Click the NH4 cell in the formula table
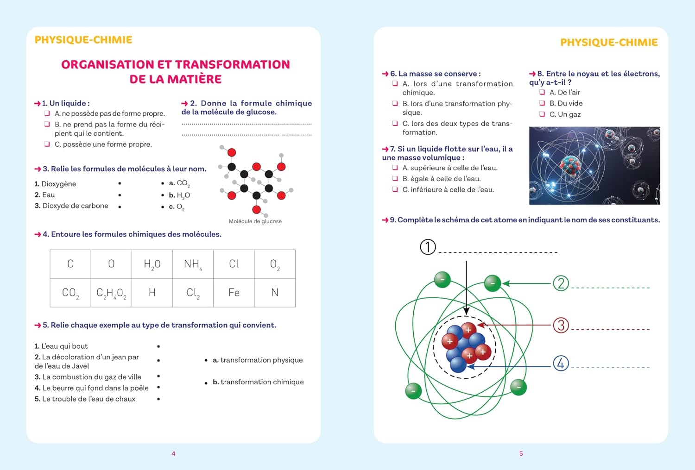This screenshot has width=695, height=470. (193, 264)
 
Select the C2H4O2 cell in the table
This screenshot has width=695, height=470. (111, 293)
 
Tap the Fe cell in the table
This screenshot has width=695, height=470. (234, 293)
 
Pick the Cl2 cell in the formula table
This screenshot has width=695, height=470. (193, 293)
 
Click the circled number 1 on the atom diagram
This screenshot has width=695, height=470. (428, 247)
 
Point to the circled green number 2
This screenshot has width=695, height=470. (561, 283)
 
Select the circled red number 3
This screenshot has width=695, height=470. (561, 325)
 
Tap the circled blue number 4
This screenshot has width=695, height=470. (561, 363)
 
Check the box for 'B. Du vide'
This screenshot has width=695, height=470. (542, 103)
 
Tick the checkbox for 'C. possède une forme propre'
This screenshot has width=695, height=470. (47, 144)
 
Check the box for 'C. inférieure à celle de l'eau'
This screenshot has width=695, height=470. (395, 189)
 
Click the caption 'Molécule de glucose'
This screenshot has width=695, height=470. (255, 221)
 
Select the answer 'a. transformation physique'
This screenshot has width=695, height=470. (258, 360)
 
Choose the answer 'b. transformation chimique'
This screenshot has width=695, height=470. (258, 382)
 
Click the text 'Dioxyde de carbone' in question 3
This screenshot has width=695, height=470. (75, 206)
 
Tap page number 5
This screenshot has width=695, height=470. (521, 454)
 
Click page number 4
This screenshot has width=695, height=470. (173, 454)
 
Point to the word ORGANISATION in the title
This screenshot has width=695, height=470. (107, 64)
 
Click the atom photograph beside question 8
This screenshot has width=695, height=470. (594, 165)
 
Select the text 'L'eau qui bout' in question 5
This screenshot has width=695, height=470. (64, 346)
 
